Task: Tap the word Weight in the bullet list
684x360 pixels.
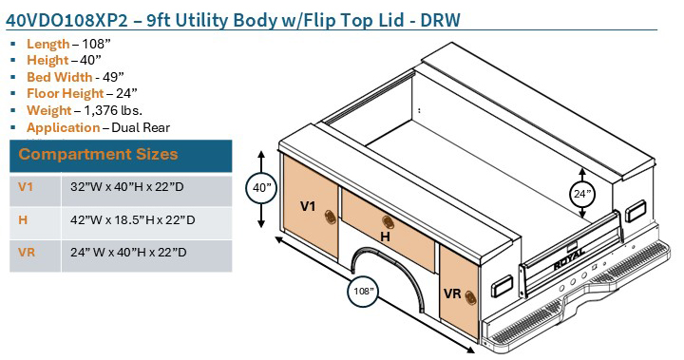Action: click(x=48, y=110)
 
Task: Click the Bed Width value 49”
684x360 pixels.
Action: click(x=120, y=77)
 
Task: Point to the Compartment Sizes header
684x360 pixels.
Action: click(x=98, y=154)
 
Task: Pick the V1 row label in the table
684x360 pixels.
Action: click(x=26, y=188)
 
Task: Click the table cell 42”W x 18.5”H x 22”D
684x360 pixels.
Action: click(x=132, y=220)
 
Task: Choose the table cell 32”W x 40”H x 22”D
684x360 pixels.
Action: click(x=127, y=188)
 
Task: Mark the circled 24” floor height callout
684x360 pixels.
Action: click(x=581, y=195)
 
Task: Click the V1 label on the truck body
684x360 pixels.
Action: click(x=308, y=205)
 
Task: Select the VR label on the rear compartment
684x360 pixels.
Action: click(x=452, y=294)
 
